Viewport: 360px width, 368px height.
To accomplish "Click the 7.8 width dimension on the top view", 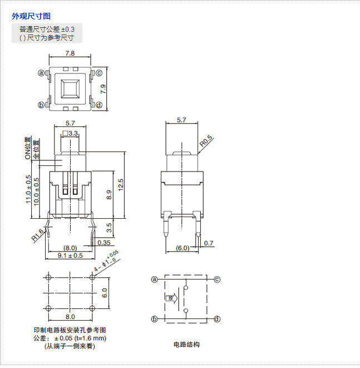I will pos(70,53).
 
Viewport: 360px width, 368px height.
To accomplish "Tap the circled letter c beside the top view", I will pos(98,73).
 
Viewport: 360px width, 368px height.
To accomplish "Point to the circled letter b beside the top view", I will pos(41,105).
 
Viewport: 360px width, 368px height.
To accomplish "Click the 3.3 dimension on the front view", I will pos(73,134).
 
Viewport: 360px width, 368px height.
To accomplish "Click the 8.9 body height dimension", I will pos(109,195).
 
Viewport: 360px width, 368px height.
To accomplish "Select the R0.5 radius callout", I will pos(206,143).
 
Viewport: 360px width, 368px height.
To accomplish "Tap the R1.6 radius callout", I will pos(38,238).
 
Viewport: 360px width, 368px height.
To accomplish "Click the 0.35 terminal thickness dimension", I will pos(103,243).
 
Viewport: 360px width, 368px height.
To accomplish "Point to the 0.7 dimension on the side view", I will pos(209,243).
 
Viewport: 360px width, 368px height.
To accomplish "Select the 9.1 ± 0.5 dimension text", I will pos(70,256).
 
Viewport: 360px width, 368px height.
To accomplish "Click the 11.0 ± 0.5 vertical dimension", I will pos(28,189).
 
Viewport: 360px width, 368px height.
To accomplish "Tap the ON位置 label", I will pos(28,149).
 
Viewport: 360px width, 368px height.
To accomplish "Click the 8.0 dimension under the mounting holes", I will pos(70,316).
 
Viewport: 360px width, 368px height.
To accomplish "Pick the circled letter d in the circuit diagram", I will pos(217,319).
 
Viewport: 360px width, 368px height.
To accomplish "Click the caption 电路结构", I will pos(186,345).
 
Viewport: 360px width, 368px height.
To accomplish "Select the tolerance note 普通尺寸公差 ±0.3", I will pos(47,29).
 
